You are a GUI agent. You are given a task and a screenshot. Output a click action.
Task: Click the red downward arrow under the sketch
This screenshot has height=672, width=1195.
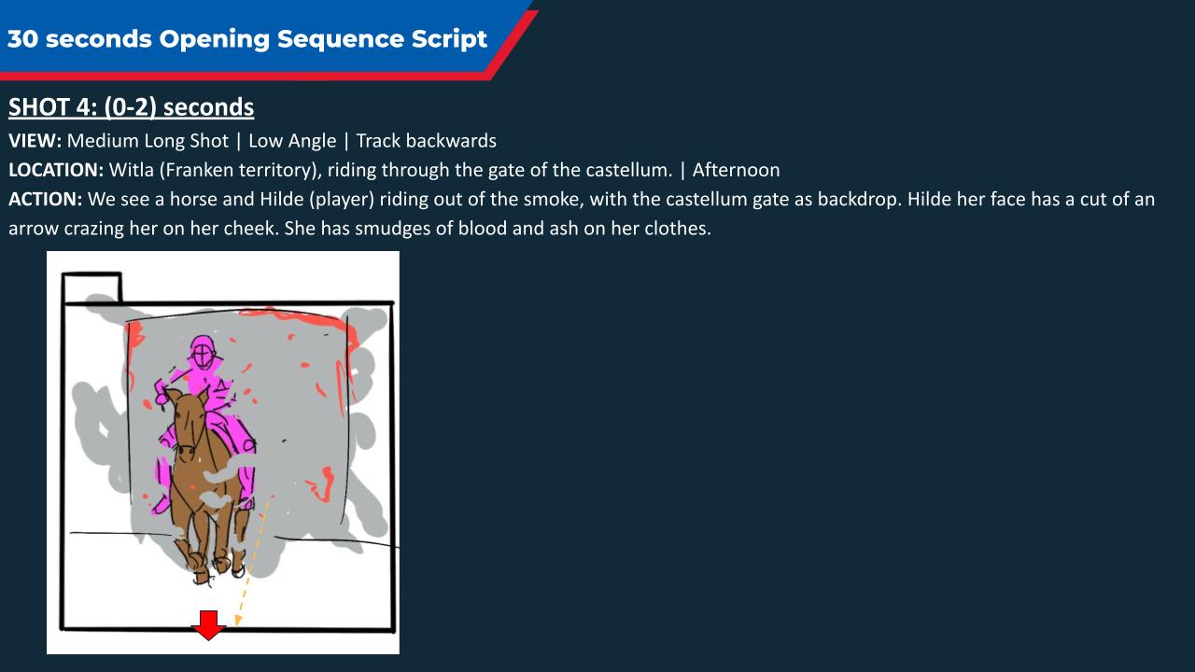208,625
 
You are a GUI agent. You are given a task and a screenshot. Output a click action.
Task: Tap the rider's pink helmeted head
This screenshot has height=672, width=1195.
203,352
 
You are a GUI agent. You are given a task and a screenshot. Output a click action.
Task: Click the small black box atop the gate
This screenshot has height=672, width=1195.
91,287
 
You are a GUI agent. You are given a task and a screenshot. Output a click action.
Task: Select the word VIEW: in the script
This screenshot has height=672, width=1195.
35,141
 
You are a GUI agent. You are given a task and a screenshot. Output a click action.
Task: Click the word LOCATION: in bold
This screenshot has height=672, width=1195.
56,170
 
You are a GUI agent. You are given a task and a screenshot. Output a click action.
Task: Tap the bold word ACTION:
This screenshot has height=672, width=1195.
46,200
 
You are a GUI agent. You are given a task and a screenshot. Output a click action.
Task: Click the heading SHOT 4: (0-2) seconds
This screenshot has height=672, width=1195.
132,107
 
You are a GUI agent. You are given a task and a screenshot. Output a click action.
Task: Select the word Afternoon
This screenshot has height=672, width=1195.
737,170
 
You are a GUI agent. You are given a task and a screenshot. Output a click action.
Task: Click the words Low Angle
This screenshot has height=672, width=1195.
292,141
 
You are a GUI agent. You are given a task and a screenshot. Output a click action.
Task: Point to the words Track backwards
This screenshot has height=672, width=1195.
427,141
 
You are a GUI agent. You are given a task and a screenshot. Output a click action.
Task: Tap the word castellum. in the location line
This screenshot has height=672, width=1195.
629,170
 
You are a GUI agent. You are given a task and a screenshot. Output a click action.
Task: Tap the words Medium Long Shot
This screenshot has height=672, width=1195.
148,141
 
